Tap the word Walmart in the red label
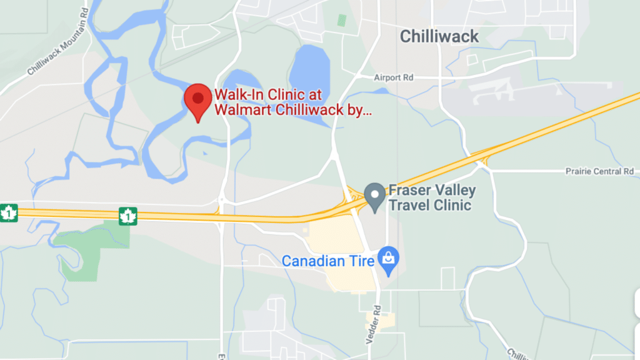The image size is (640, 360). click(x=240, y=111)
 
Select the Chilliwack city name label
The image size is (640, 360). click(x=439, y=36)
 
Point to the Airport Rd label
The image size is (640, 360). click(x=394, y=77)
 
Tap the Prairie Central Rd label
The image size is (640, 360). click(x=599, y=171)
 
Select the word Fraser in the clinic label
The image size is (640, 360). click(x=407, y=190)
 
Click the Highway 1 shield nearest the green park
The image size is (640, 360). click(x=127, y=216)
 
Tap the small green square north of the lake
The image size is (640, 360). click(x=342, y=19)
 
